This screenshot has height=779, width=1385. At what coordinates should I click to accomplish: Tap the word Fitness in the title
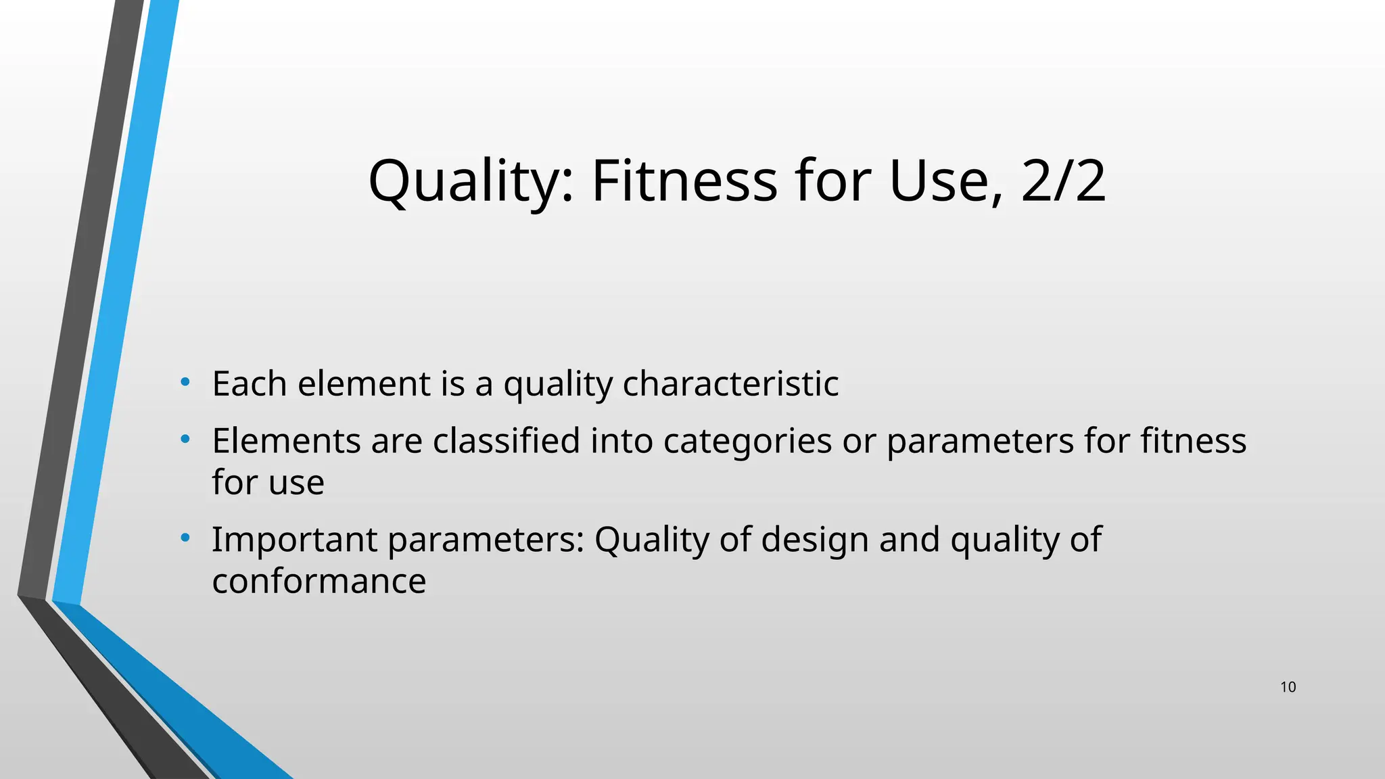click(x=684, y=181)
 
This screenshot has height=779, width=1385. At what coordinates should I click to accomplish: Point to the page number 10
click(x=1288, y=687)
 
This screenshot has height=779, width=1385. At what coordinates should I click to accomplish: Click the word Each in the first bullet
click(x=250, y=383)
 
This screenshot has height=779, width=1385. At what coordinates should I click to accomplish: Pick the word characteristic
click(x=730, y=383)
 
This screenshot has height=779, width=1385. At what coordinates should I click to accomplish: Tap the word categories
click(x=747, y=441)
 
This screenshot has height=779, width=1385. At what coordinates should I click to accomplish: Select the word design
click(x=815, y=540)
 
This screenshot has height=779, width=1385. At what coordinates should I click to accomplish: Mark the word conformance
click(x=319, y=581)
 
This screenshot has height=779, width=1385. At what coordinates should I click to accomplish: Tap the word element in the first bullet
click(x=364, y=383)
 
